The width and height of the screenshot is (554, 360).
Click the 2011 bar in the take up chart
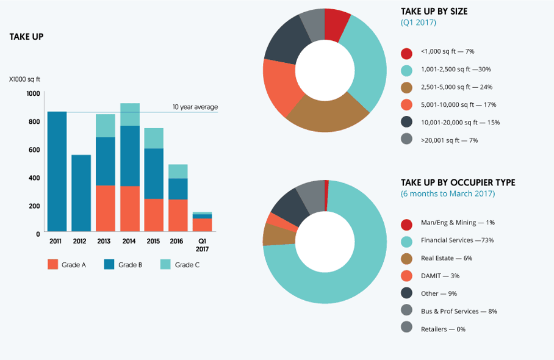click(57, 171)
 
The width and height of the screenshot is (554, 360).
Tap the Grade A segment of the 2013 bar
click(106, 208)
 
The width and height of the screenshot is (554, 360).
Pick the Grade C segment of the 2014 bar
click(130, 115)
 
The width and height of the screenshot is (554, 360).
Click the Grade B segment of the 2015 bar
click(154, 173)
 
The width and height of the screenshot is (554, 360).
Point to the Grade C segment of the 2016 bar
click(178, 171)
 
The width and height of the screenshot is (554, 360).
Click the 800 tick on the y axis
click(34, 121)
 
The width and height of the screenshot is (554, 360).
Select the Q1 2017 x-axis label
click(202, 245)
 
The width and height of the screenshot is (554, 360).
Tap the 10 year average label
click(195, 107)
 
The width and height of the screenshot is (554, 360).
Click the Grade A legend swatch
click(52, 265)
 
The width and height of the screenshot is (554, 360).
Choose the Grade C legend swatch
click(165, 265)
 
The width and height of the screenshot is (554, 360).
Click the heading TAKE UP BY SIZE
click(434, 12)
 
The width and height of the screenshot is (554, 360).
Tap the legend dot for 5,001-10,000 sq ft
click(406, 105)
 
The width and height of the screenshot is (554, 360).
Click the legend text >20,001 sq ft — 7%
click(449, 140)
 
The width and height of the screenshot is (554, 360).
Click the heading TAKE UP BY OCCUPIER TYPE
click(458, 182)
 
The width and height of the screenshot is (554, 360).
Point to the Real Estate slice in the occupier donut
click(271, 234)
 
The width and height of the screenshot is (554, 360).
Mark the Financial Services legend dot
click(406, 240)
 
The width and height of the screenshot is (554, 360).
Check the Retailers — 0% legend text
click(443, 329)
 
